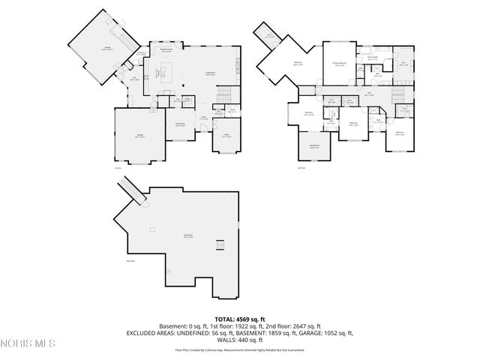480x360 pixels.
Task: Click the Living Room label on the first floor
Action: click(211, 74)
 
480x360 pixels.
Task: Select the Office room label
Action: click(226, 136)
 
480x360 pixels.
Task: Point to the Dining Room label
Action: click(180, 124)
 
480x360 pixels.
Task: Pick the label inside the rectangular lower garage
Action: click(139, 136)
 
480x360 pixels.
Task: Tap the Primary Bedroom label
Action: click(340, 64)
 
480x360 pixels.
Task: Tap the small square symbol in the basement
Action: click(152, 228)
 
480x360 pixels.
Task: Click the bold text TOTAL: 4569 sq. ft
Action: click(239, 319)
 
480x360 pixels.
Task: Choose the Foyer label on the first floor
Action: click(202, 118)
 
